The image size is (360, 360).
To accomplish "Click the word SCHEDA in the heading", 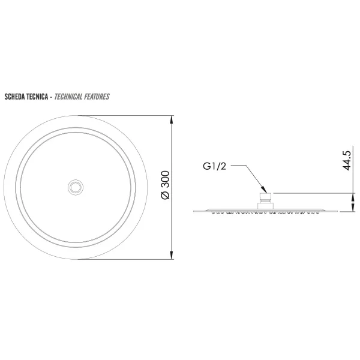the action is [14, 97].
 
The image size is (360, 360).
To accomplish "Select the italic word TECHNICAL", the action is [68, 97].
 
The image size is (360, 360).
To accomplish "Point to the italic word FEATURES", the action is [97, 97].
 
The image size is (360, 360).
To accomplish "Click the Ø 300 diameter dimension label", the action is [166, 185].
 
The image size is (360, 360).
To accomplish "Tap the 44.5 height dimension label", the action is [347, 160].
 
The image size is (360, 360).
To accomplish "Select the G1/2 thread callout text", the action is [214, 166].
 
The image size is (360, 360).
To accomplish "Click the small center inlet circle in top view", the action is [76, 187].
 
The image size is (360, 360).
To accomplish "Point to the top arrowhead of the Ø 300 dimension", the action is [171, 119].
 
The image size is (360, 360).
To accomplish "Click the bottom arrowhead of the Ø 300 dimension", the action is [171, 255].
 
